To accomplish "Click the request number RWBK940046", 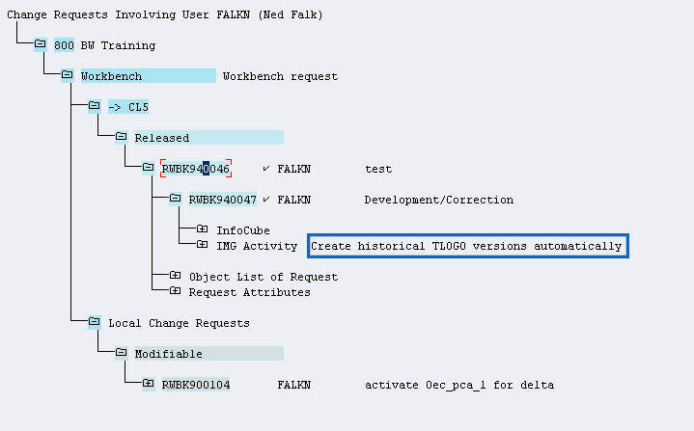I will tap(195, 169).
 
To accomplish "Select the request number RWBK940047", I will tap(222, 200).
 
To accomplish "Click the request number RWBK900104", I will tap(195, 385).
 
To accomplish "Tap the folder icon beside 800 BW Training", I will tap(40, 45).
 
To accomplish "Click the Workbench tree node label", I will tap(111, 76).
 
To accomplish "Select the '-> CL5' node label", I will tap(127, 107).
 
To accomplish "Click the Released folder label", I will tap(161, 138).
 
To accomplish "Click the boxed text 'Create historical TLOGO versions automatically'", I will tap(467, 246).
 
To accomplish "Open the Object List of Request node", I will tap(263, 277).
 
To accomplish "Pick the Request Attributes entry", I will tap(249, 292).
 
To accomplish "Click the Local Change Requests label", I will tap(179, 323).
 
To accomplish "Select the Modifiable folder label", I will tap(168, 354).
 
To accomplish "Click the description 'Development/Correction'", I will tap(438, 200).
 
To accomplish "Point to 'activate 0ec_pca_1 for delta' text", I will tap(458, 385).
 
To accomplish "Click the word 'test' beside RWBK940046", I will tap(378, 169).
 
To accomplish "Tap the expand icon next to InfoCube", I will tap(202, 230).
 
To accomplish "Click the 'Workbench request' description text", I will tap(280, 76).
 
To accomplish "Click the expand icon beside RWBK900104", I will tap(148, 385).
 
